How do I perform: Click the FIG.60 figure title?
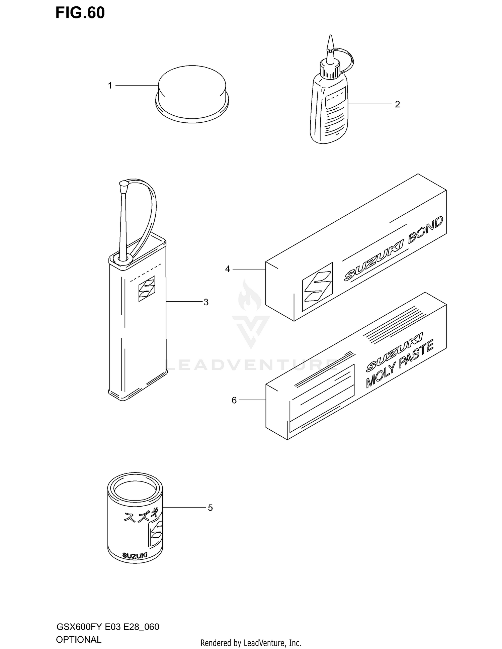point(80,13)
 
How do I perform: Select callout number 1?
point(110,86)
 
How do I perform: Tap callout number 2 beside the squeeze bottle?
point(397,104)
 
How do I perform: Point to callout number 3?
point(206,302)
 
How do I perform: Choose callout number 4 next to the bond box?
point(228,269)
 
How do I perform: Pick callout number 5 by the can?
point(210,508)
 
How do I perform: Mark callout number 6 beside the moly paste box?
point(234,400)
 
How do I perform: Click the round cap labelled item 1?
point(192,94)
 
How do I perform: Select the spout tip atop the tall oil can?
point(124,184)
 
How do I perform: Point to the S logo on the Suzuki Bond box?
point(317,287)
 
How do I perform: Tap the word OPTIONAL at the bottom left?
point(78,639)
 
